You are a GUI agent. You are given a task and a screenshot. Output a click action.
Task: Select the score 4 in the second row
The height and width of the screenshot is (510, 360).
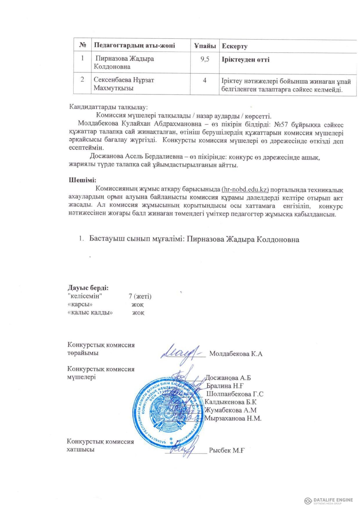(205, 80)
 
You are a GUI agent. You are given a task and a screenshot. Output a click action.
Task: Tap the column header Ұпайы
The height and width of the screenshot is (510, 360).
(205, 46)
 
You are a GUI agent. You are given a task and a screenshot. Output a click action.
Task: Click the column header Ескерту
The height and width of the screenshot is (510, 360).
(235, 46)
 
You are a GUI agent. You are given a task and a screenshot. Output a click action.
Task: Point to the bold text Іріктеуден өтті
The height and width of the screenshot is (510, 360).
(246, 60)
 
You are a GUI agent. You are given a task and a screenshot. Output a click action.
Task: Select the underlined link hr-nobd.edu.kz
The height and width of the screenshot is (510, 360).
(245, 190)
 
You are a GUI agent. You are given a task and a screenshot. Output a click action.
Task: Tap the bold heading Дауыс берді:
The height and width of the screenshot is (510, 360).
(88, 288)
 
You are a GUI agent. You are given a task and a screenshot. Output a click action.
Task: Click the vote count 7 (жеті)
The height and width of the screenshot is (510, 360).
(140, 296)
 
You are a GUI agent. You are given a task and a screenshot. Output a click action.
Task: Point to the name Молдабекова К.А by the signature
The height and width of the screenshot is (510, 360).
(236, 354)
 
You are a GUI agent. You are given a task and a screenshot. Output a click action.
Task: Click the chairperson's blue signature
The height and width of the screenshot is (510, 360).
(181, 352)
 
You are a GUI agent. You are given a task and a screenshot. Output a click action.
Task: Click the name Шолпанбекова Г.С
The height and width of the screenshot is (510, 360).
(235, 394)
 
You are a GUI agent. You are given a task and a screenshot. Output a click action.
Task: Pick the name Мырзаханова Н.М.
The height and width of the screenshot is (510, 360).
(233, 418)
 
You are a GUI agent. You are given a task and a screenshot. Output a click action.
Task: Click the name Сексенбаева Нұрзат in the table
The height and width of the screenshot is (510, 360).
(124, 80)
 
